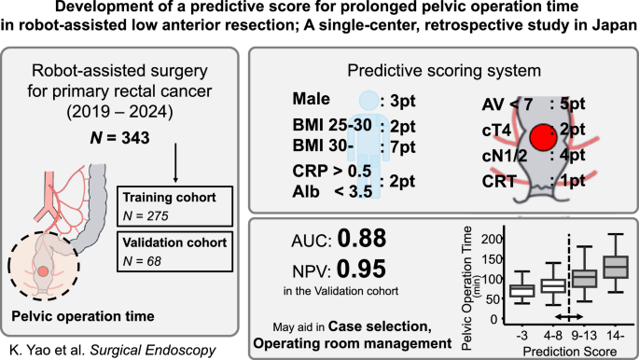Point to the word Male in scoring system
(312, 99)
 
